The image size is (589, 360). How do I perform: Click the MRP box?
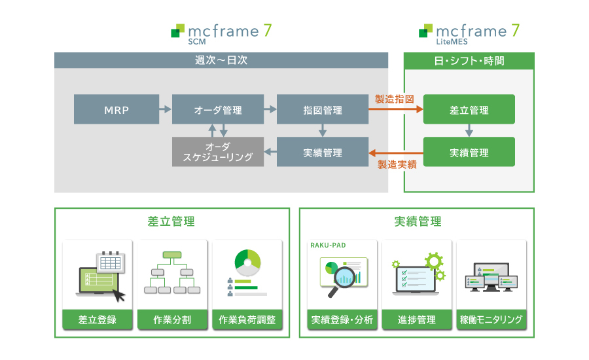(x=116, y=109)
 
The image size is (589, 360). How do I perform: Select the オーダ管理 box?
(x=217, y=109)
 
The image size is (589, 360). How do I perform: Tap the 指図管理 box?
(x=322, y=109)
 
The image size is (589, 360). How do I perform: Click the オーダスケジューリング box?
(x=217, y=152)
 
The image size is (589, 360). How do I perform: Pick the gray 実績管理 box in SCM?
(x=322, y=152)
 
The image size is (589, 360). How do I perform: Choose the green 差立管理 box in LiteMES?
(x=469, y=109)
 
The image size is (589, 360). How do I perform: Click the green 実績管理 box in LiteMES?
(x=469, y=152)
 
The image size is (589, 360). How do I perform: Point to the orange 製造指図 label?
(x=395, y=99)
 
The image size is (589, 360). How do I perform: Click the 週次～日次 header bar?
(x=221, y=60)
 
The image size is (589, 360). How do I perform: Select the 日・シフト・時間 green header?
(x=469, y=61)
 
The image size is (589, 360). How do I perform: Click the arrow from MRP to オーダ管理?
(x=165, y=109)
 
